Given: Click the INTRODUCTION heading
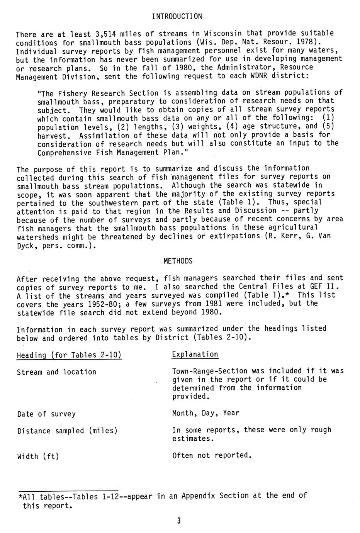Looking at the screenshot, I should coord(177,16).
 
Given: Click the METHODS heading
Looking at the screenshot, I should coord(178,261).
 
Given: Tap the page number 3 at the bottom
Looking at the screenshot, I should coord(179,521).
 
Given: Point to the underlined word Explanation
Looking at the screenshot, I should coord(195,355).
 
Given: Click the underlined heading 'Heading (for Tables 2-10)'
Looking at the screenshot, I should coord(69,355).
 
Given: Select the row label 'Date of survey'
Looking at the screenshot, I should coord(46,414).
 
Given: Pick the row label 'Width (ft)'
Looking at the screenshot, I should coord(38,457).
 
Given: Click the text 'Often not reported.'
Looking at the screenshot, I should coord(212,455).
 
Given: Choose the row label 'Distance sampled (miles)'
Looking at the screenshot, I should coord(67,431).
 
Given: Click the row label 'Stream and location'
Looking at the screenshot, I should coord(56,372).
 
